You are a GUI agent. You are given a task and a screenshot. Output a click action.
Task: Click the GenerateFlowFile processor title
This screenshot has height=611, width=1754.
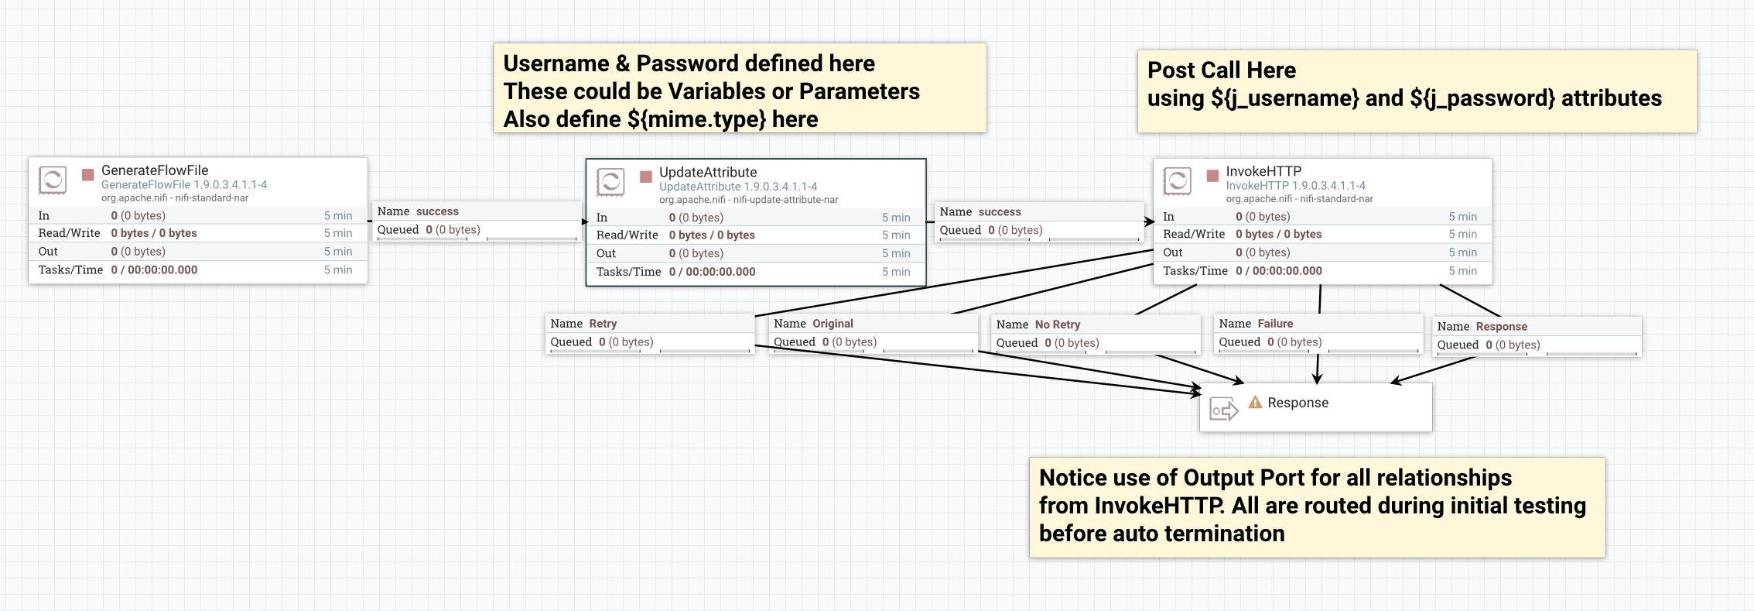155,170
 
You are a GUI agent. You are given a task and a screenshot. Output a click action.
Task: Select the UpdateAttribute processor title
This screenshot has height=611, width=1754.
708,173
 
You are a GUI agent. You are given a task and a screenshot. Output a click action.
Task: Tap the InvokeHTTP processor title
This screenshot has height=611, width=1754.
1263,171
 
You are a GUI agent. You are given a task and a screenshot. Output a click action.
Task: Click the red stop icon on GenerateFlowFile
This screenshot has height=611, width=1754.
88,175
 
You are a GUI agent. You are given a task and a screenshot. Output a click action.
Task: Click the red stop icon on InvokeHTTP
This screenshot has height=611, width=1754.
1212,176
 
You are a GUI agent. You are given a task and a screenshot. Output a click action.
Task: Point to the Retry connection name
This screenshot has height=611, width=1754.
603,324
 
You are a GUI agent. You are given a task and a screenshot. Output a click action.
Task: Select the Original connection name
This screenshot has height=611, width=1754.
833,324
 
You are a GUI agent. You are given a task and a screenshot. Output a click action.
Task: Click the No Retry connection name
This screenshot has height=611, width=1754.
1057,324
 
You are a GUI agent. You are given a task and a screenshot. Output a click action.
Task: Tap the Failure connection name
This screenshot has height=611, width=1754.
1275,324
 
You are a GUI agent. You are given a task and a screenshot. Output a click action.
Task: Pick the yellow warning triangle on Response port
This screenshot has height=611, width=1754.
1255,402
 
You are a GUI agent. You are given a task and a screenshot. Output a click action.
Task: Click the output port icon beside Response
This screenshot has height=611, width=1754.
1223,409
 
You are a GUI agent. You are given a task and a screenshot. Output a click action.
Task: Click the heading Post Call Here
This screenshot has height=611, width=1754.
1221,70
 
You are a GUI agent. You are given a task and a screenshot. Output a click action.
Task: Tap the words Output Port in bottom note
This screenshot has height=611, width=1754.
1250,478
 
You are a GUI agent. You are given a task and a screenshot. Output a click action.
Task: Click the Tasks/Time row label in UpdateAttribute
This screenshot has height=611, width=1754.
628,272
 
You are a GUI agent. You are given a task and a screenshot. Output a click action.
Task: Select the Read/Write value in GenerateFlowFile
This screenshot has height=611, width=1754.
154,233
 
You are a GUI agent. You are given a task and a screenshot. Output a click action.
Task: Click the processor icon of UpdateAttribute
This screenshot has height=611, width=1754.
610,182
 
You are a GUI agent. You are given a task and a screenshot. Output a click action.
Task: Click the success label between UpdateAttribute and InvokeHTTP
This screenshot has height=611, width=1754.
1000,212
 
